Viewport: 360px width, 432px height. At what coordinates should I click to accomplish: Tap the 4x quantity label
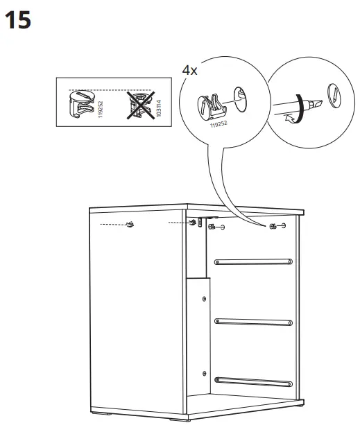[189, 71]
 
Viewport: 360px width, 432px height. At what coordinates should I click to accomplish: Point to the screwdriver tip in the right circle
[316, 105]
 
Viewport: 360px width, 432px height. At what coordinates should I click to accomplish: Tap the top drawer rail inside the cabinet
[252, 261]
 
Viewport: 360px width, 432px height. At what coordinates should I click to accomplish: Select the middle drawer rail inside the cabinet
[252, 320]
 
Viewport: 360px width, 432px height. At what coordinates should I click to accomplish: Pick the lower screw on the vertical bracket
[203, 371]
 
